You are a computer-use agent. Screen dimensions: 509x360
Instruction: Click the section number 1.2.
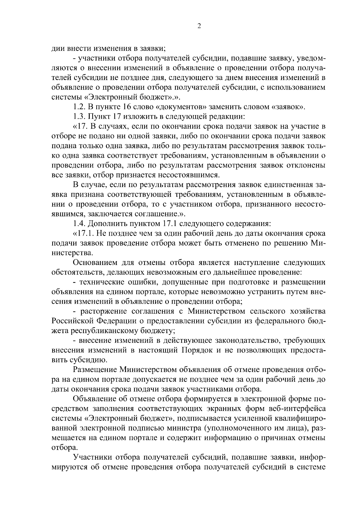tap(79, 107)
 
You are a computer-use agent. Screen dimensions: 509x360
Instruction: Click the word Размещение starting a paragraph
tap(94, 369)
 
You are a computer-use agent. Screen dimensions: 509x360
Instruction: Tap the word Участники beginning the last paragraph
tap(92, 457)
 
